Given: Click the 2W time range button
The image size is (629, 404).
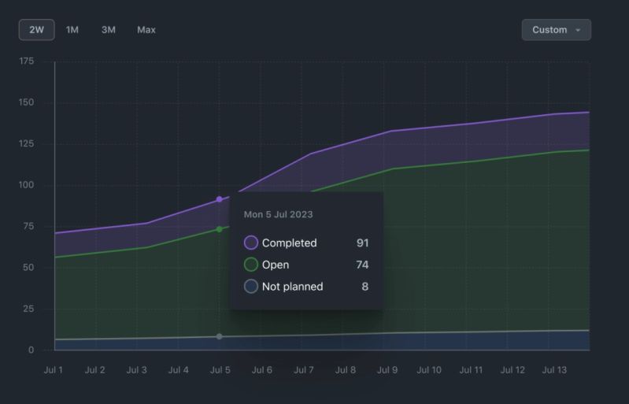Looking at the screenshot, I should tap(36, 30).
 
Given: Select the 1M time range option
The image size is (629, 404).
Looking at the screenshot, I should tap(72, 30).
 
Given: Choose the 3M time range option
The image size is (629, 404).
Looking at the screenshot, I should tap(109, 30).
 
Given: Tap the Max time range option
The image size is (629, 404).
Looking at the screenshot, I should tap(146, 30).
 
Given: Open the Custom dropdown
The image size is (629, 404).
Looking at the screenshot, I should tap(556, 30).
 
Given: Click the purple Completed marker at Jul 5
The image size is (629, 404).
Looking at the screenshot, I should tap(220, 199).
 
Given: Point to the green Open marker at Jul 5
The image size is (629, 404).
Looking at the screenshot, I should tap(220, 229).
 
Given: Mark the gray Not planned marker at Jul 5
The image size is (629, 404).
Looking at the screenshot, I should tap(220, 336).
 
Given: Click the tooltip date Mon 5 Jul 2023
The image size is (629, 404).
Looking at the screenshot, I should tap(279, 214).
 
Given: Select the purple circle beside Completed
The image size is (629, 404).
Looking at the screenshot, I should tap(251, 243).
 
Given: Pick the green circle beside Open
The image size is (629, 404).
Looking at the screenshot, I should tap(251, 265).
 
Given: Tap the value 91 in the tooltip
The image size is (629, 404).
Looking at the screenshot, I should tap(362, 243).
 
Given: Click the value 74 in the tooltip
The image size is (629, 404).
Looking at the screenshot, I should tap(362, 265).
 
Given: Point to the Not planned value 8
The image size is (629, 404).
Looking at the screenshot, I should tap(365, 287).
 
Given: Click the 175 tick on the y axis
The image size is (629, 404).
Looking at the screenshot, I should tap(26, 61).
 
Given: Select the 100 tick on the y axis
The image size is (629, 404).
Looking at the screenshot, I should tap(26, 185).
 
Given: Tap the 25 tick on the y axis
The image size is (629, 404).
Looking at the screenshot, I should tap(28, 309).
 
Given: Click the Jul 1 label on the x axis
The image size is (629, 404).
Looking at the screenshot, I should tap(54, 370).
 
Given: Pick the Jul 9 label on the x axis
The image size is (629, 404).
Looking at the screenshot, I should tap(387, 370).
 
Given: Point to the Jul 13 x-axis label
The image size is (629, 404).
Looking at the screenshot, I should tap(554, 370).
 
